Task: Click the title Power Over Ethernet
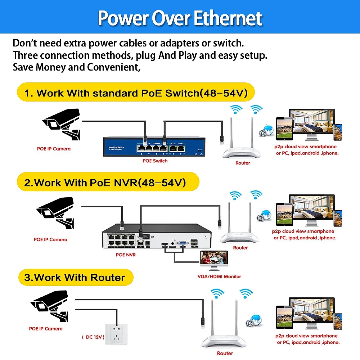(x=180, y=18)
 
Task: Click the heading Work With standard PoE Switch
(x=136, y=93)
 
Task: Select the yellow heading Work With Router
(x=75, y=278)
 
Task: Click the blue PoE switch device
(x=155, y=146)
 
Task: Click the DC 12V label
(x=93, y=337)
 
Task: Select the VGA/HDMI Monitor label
(x=220, y=276)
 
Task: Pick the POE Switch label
(x=155, y=161)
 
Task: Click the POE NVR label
(x=126, y=255)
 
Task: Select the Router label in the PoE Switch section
(x=243, y=163)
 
